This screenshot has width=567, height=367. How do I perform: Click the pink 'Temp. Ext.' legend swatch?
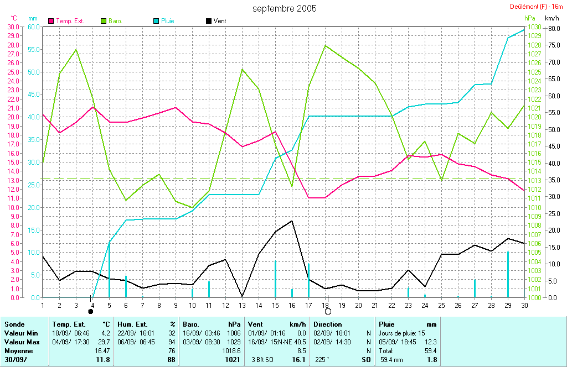(51, 20)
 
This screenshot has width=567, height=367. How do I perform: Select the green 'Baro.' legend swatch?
(104, 20)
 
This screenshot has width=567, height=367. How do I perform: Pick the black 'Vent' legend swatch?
(209, 20)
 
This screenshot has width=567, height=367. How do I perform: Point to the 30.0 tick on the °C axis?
(13, 27)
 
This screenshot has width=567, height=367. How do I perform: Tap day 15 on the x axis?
(275, 305)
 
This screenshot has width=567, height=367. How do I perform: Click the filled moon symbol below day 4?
(91, 312)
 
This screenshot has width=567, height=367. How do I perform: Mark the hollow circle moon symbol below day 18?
(328, 312)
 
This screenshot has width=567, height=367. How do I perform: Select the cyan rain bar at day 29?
(508, 274)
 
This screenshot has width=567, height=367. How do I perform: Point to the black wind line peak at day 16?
(292, 221)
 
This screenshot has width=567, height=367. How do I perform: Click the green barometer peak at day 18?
(326, 45)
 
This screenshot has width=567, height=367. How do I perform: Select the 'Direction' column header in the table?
(328, 324)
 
